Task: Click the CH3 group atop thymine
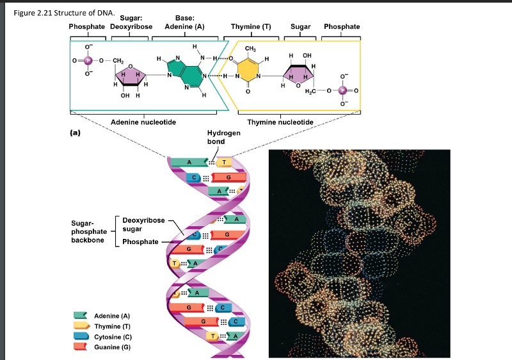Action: (x=251, y=49)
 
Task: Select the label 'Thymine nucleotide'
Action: (x=280, y=122)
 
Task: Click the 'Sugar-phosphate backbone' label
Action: (x=90, y=231)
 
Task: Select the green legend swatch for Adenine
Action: (x=81, y=316)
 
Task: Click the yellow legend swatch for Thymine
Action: (x=81, y=326)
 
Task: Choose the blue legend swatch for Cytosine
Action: (x=81, y=336)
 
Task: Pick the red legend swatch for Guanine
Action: (x=81, y=347)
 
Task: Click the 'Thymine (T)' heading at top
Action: (x=251, y=27)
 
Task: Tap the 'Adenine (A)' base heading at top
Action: (x=184, y=27)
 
